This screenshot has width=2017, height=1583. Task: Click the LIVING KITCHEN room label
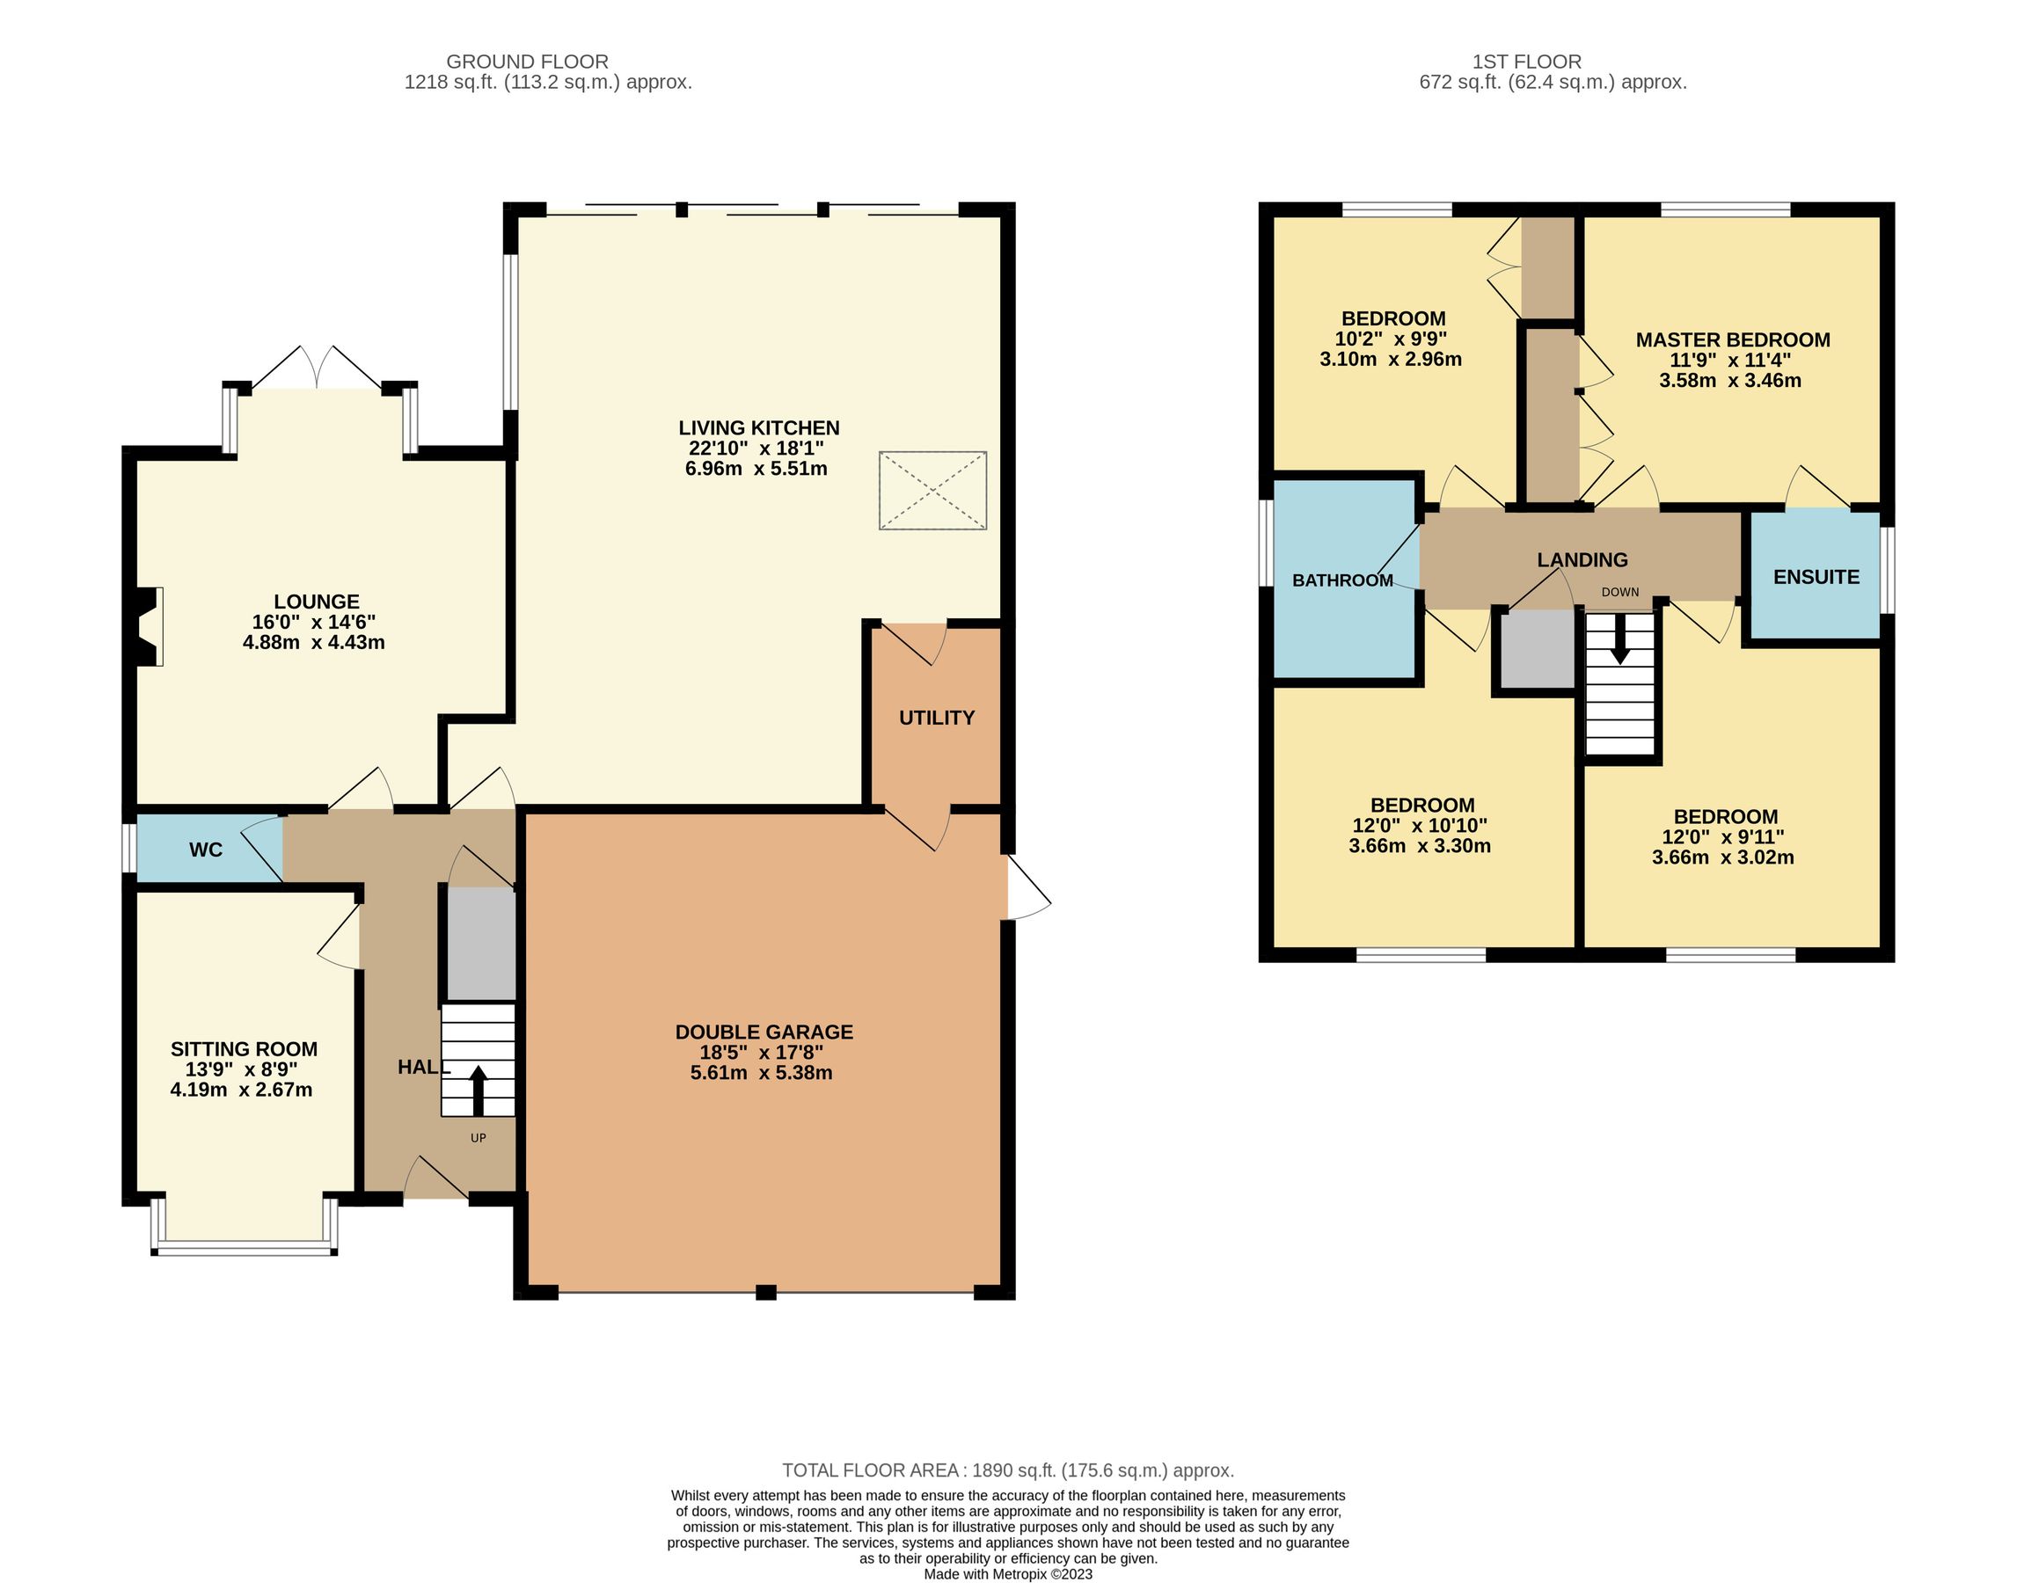(x=758, y=428)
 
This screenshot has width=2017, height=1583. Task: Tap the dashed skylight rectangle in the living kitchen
(x=932, y=490)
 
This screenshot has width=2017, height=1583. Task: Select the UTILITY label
(x=936, y=718)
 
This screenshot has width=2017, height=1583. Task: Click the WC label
(x=206, y=850)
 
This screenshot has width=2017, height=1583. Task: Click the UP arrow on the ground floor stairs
(x=479, y=1091)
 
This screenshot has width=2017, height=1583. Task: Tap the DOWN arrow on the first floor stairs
(x=1619, y=643)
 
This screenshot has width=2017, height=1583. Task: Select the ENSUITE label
(x=1816, y=577)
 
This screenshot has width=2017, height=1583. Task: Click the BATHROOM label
(x=1342, y=580)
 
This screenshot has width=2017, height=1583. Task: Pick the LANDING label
(x=1582, y=560)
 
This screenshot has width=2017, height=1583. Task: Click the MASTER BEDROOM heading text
(x=1732, y=340)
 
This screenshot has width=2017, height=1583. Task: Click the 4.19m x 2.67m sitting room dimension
(x=241, y=1090)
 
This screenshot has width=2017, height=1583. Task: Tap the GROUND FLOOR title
(x=528, y=62)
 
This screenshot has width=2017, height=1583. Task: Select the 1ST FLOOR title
(x=1527, y=62)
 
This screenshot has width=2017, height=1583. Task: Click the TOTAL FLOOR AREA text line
(x=1007, y=1470)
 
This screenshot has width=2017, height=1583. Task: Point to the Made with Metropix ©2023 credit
(x=1007, y=1573)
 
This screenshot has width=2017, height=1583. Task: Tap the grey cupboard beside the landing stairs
(x=1537, y=650)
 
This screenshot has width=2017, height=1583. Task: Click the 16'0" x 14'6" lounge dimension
(x=313, y=622)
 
